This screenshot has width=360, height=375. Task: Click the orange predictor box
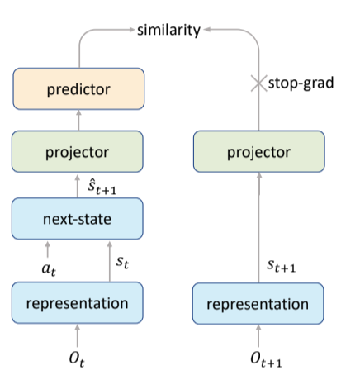click(x=78, y=88)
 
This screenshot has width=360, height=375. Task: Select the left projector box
click(x=78, y=151)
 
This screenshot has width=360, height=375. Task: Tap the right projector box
click(x=259, y=151)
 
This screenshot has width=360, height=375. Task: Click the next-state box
click(x=78, y=219)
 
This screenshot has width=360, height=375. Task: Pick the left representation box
click(x=78, y=302)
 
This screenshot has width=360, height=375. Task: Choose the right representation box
click(x=258, y=303)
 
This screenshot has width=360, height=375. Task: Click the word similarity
click(x=168, y=30)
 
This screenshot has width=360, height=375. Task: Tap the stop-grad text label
click(x=301, y=83)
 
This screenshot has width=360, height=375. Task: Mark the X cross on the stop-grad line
click(x=258, y=83)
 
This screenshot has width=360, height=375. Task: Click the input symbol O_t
click(x=77, y=359)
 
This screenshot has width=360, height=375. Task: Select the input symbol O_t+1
click(x=266, y=360)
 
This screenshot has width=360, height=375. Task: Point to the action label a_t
click(x=49, y=268)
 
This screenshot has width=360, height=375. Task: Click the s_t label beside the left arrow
click(x=122, y=262)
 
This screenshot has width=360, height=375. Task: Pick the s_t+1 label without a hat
click(x=282, y=266)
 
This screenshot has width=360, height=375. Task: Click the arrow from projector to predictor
click(x=78, y=120)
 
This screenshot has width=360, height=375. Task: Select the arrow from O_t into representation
click(x=78, y=335)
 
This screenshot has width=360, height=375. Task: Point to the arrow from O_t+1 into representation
click(x=258, y=336)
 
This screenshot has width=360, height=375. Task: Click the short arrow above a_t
click(x=48, y=249)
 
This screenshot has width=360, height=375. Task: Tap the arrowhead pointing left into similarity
click(x=207, y=29)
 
